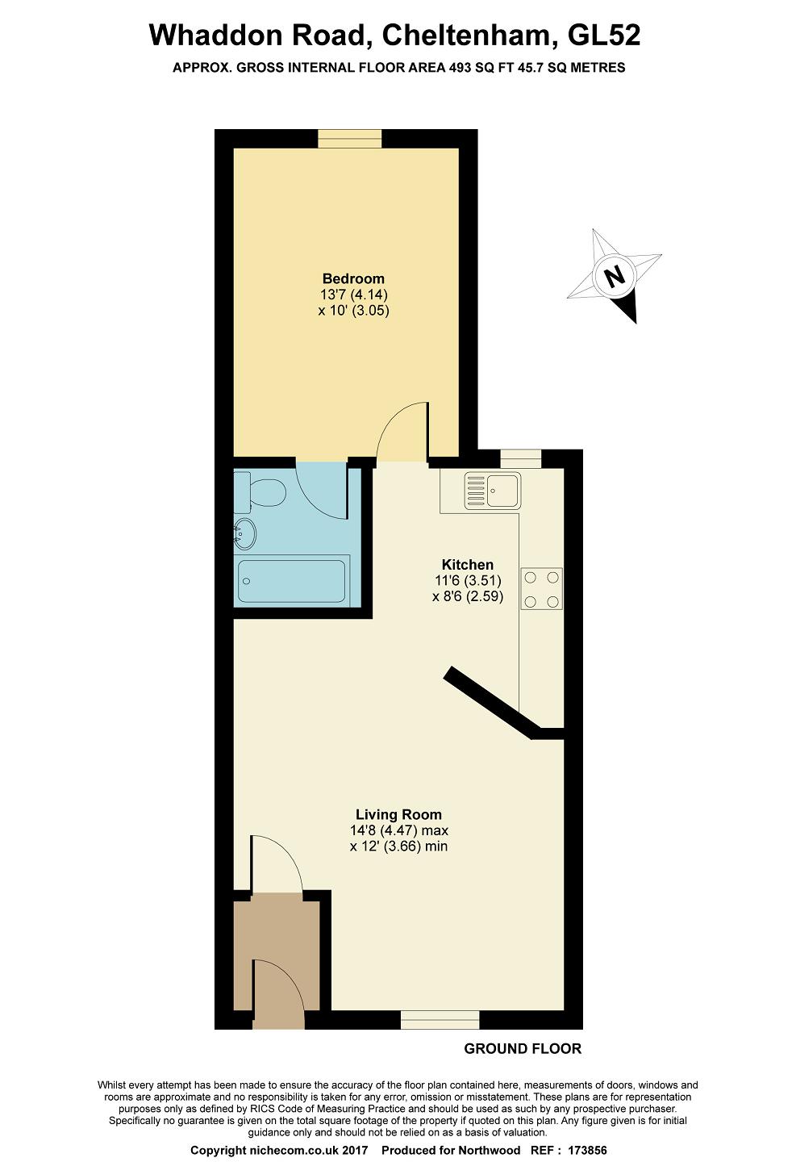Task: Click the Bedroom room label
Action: tap(353, 278)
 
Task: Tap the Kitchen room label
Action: tap(467, 564)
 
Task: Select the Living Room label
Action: tap(398, 814)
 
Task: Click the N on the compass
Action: tap(615, 276)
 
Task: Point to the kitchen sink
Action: tap(493, 490)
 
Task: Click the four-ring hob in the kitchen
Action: tap(541, 589)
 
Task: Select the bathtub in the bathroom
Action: tap(291, 581)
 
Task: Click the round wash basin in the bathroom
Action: tap(244, 534)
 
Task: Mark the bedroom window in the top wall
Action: tap(350, 139)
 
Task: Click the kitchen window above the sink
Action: tap(521, 459)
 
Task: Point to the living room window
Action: tap(440, 1020)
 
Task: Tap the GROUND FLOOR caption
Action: tap(523, 1049)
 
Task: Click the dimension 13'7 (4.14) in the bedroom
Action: tap(354, 295)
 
